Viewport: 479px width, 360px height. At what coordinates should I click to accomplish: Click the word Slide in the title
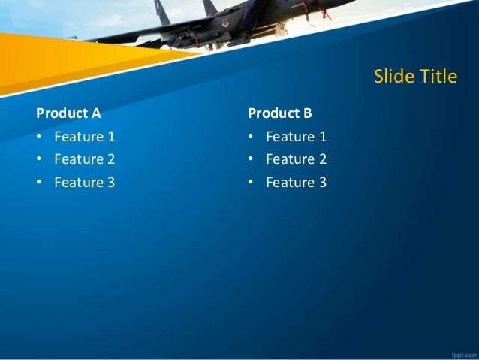click(x=391, y=77)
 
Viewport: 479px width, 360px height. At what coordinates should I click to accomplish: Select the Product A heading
click(x=68, y=113)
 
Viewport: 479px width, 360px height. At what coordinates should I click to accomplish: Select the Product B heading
click(x=279, y=113)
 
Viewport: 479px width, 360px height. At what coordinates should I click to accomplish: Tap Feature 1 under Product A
click(x=84, y=137)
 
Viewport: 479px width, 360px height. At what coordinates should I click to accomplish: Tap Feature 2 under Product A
click(x=84, y=159)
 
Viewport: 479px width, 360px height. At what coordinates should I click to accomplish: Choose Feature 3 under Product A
click(x=84, y=182)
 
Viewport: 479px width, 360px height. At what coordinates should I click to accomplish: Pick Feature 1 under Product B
click(x=296, y=137)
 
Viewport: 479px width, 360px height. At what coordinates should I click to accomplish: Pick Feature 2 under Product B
click(x=296, y=159)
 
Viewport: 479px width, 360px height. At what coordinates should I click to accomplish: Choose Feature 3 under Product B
click(x=296, y=182)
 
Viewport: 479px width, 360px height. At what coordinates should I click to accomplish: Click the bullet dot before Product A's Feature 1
click(x=39, y=138)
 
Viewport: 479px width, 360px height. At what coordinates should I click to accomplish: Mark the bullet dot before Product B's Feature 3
click(x=251, y=183)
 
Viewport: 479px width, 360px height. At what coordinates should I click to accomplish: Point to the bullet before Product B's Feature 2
click(x=251, y=160)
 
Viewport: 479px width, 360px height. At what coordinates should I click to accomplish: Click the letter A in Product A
click(x=95, y=113)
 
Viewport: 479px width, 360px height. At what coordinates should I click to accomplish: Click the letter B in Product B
click(x=306, y=113)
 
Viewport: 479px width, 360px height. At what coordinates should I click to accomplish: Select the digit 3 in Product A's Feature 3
click(x=111, y=182)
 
